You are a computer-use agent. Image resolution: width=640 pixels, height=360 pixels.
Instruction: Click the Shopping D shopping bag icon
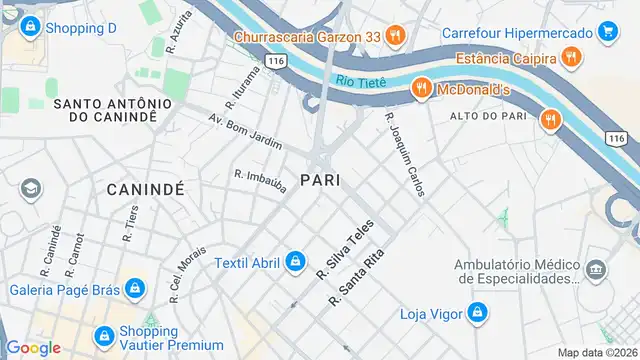(29, 27)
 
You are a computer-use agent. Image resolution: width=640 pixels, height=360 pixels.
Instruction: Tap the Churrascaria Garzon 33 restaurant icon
(395, 37)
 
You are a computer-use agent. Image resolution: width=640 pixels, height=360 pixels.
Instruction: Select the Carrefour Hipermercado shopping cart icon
(607, 33)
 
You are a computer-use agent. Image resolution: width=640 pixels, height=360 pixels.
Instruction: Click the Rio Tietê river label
(361, 80)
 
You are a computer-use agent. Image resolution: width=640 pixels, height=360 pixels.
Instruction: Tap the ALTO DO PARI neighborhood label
(489, 118)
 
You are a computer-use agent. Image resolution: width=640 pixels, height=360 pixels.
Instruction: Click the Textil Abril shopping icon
(295, 263)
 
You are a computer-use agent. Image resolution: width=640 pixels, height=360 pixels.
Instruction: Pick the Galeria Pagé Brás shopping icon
(136, 291)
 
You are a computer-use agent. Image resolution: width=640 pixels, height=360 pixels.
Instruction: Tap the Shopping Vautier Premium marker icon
(103, 336)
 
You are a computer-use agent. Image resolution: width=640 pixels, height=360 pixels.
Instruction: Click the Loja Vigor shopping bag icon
(478, 314)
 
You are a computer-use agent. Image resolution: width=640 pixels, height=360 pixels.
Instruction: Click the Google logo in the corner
(33, 347)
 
